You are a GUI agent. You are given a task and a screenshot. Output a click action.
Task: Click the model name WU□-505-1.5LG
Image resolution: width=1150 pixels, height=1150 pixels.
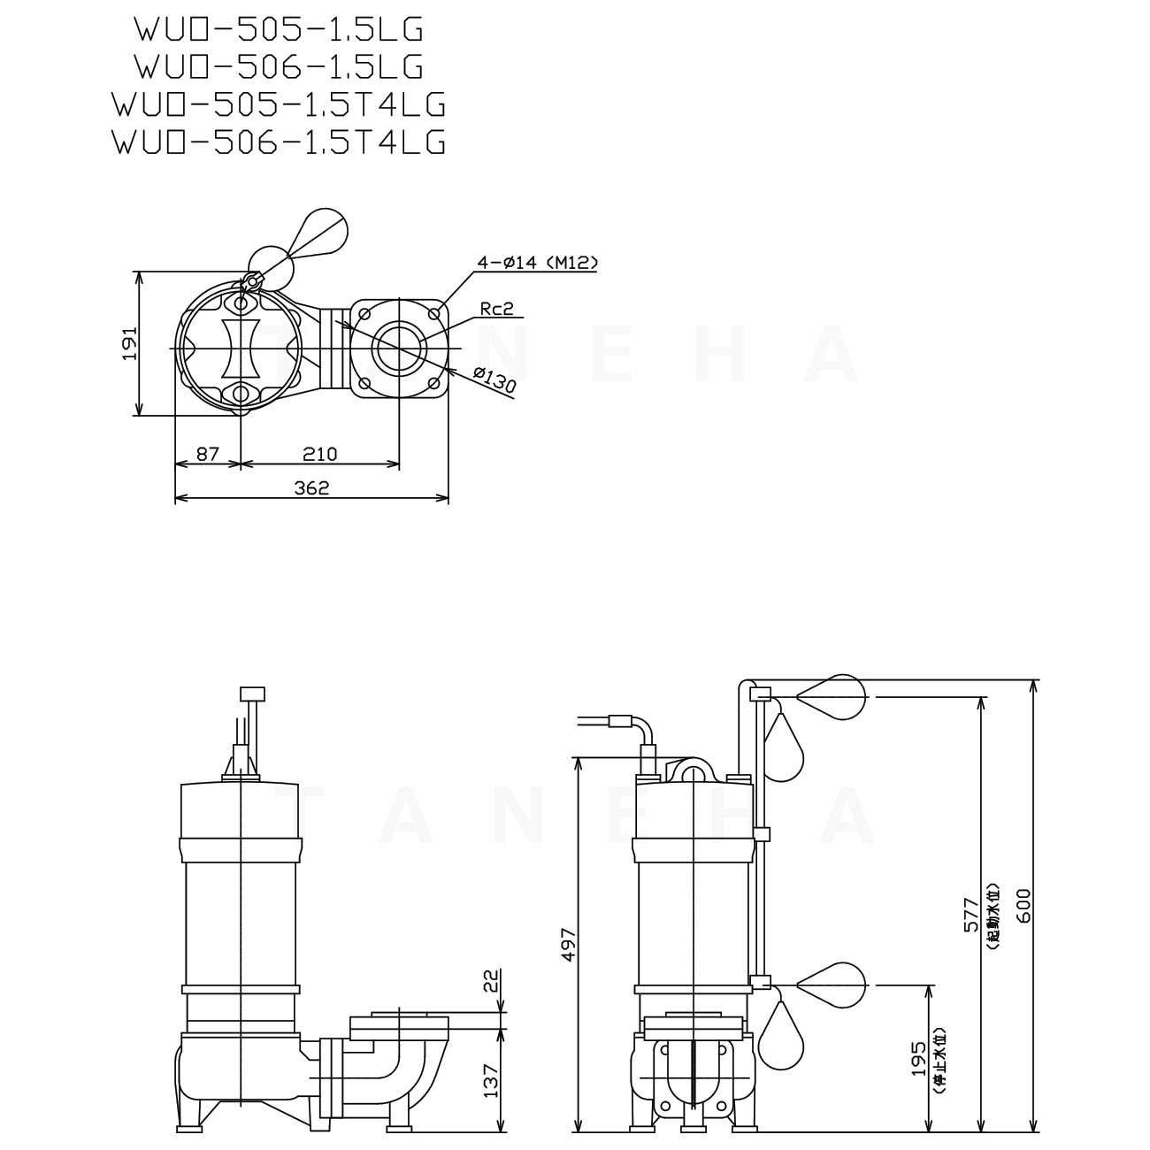[279, 29]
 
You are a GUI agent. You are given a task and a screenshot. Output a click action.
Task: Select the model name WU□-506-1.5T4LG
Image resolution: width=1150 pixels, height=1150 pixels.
[279, 142]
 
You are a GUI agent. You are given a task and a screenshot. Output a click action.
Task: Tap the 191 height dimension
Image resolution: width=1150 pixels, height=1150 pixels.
[129, 342]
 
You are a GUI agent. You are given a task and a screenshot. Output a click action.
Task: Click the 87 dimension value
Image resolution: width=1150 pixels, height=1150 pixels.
[207, 454]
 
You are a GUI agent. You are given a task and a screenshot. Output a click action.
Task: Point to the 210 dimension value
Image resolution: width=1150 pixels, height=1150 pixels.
[319, 454]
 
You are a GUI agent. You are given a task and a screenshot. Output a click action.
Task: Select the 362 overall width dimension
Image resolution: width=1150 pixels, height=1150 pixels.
[311, 487]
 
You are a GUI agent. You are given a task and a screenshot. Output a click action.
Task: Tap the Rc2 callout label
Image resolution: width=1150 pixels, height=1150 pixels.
[497, 308]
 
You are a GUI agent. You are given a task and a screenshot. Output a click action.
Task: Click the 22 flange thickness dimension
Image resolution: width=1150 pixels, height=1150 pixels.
[493, 980]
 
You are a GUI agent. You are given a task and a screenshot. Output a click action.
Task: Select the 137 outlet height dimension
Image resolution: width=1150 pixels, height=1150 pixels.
[493, 1079]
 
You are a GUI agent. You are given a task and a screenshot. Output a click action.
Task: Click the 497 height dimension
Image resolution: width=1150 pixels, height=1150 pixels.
[569, 944]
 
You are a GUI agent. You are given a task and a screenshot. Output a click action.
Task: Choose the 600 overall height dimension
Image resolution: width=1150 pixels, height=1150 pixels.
[1023, 905]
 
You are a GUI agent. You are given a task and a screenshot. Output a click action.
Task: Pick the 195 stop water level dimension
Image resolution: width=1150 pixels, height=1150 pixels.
[919, 1057]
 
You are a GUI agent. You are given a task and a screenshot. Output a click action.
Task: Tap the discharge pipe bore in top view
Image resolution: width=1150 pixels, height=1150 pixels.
[398, 348]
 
